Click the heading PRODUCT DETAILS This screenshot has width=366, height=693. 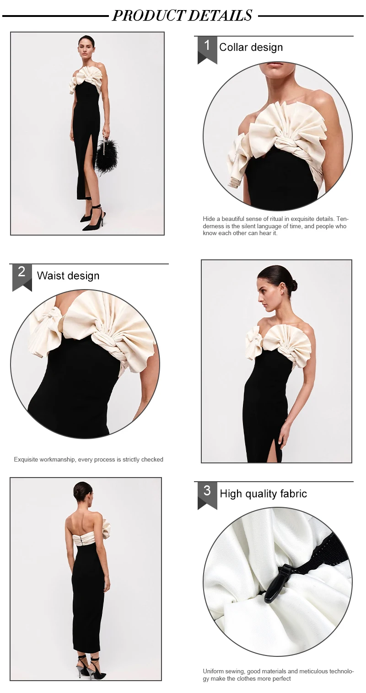coord(182,15)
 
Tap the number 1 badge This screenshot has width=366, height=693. coord(207,49)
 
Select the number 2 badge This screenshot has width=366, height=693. coord(22,277)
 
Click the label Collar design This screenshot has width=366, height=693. coord(251,47)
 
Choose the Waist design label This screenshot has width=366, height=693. coord(68,276)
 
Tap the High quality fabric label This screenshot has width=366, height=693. coord(263,494)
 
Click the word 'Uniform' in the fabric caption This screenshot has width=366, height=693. coord(214,671)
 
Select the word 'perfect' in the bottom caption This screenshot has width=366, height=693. coord(281,679)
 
